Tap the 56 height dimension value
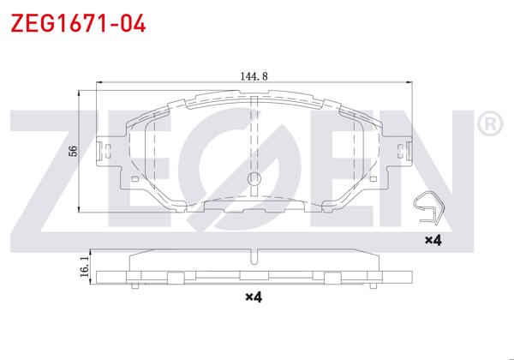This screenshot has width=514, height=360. point(74,151)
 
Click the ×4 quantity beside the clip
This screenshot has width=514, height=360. point(433,241)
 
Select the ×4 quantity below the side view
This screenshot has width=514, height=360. point(252,297)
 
